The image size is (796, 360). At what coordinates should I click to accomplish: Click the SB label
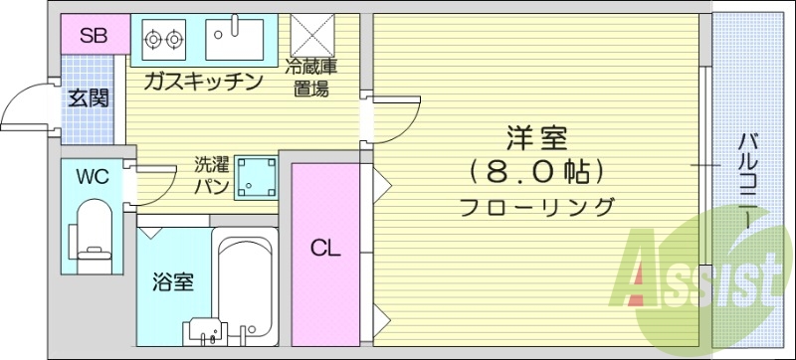coord(94,38)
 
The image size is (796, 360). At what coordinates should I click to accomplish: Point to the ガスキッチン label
coord(202,82)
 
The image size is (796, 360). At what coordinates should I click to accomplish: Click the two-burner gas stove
coord(164,40)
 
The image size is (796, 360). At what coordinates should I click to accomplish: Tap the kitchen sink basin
coord(235,39)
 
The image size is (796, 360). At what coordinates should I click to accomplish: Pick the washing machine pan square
coord(255,177)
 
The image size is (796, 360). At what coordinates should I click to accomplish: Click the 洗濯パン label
coord(213,175)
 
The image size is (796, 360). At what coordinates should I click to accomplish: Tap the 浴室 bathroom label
coord(173,282)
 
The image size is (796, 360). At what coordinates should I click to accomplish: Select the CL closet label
coord(325,248)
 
